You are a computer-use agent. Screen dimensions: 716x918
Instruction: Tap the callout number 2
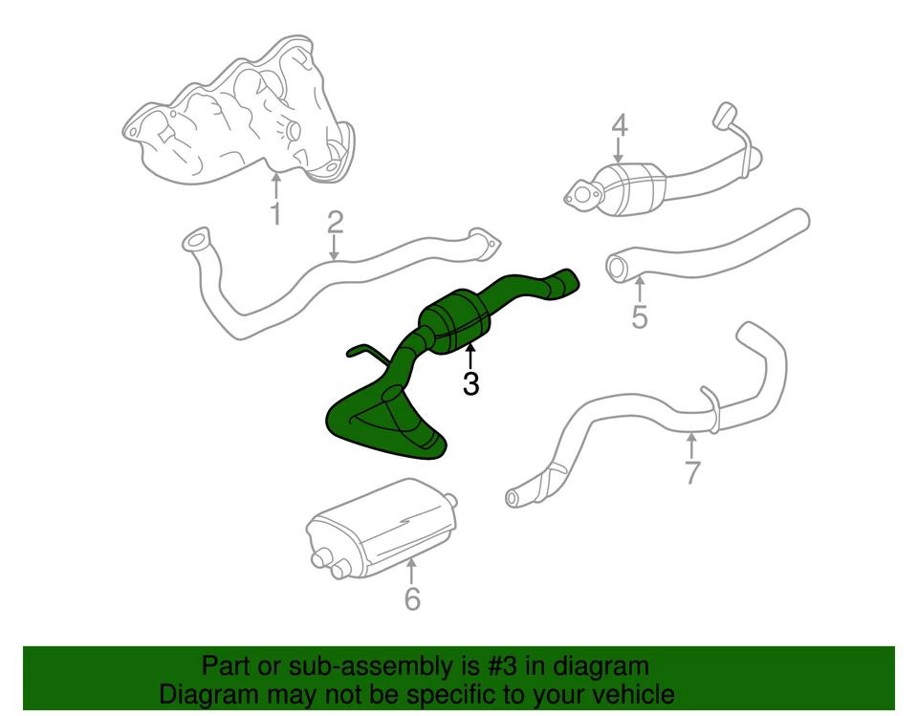click(x=335, y=223)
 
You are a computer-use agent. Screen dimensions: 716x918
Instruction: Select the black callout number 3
click(x=470, y=384)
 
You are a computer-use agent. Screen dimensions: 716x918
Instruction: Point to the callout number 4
click(x=619, y=124)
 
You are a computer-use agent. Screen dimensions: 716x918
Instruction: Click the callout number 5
click(x=640, y=316)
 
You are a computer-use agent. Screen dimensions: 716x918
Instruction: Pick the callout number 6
click(x=412, y=599)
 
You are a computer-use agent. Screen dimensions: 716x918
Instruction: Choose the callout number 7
click(x=692, y=471)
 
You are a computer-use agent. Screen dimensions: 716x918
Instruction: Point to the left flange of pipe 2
click(x=194, y=239)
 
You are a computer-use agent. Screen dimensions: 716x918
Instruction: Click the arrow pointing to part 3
click(x=470, y=358)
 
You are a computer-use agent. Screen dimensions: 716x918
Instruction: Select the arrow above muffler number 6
click(x=412, y=572)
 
